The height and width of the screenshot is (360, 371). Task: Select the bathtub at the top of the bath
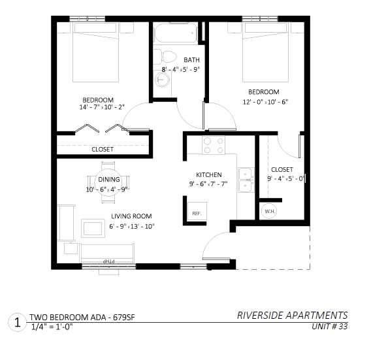click(175, 33)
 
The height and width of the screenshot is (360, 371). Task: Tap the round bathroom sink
click(162, 79)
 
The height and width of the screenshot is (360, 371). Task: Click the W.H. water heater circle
click(270, 211)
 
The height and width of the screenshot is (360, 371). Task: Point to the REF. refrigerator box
click(197, 211)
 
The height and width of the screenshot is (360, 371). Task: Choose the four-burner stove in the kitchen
click(214, 145)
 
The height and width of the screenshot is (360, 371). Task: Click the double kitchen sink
click(246, 180)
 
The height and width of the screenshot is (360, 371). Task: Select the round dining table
click(108, 182)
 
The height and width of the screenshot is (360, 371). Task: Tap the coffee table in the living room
click(93, 228)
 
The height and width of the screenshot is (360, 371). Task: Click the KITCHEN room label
click(209, 175)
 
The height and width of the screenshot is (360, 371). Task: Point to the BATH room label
click(191, 60)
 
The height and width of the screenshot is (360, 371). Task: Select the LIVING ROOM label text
click(131, 216)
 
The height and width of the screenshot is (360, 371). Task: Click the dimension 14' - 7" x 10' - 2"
click(102, 107)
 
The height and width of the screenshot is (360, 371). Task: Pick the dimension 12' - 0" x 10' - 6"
click(265, 102)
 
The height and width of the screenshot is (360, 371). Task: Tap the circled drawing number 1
click(17, 322)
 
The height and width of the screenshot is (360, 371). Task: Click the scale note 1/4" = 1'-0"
click(52, 327)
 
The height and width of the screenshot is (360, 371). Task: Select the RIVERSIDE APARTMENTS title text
click(293, 316)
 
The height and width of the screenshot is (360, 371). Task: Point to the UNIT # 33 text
click(330, 327)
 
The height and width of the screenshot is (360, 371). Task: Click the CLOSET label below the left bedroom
click(103, 150)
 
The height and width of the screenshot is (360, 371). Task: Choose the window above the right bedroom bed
click(260, 19)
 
